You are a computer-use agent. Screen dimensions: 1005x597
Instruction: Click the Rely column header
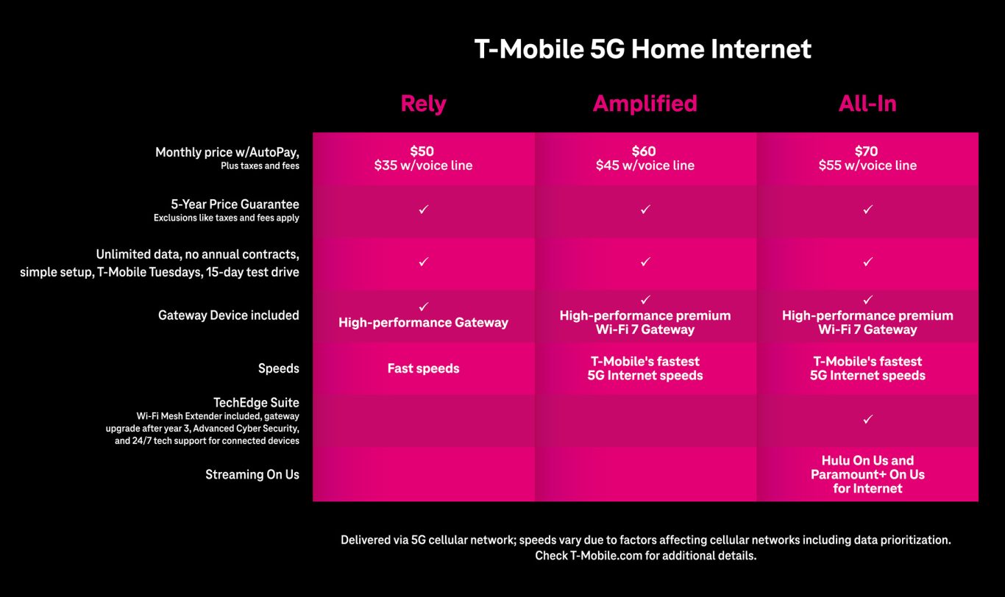click(423, 104)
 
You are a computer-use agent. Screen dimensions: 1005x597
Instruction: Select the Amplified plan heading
click(644, 104)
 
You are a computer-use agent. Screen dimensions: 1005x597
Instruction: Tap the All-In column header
click(867, 104)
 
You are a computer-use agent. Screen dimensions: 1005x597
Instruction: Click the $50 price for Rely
click(422, 151)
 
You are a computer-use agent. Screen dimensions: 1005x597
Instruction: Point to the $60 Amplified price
click(644, 151)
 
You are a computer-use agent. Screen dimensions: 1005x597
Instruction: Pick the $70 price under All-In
click(867, 151)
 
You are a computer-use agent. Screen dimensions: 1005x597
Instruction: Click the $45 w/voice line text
click(644, 165)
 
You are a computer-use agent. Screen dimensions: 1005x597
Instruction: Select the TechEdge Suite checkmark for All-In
click(867, 420)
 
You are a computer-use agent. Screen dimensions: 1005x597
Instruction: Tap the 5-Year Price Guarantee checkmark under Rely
click(424, 210)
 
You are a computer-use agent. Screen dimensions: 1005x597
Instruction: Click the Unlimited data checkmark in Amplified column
click(645, 261)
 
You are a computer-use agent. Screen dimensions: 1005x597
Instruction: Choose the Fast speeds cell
click(423, 368)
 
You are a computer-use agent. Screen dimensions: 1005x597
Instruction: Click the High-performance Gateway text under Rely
click(423, 323)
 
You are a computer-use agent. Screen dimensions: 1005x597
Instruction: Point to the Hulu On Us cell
click(867, 474)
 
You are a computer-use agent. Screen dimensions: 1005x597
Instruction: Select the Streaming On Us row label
click(252, 474)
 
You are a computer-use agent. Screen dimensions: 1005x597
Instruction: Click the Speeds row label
click(279, 368)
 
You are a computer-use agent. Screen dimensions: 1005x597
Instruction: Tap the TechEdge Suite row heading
click(256, 402)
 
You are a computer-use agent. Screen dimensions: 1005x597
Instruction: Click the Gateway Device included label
click(228, 315)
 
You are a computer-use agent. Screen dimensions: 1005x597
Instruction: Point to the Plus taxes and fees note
click(260, 166)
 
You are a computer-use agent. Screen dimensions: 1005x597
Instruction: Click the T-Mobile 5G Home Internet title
click(643, 49)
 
